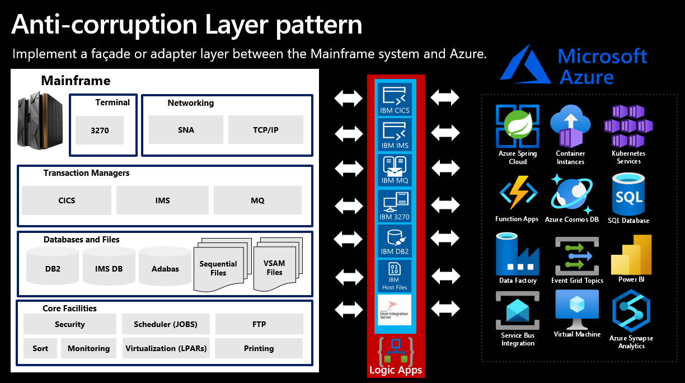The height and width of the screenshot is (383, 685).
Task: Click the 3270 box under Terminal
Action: tap(100, 130)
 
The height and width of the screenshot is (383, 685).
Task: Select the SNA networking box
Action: tap(186, 130)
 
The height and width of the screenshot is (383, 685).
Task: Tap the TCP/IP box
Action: tap(266, 130)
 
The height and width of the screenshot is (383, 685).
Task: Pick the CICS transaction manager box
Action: tap(67, 200)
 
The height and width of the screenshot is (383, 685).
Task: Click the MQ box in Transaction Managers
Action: tap(257, 200)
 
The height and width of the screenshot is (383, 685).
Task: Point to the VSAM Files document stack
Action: tap(276, 267)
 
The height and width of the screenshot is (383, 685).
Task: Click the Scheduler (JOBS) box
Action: tap(165, 324)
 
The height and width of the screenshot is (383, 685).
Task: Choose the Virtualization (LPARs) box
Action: tap(166, 348)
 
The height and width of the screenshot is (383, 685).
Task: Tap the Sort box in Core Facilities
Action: tap(40, 348)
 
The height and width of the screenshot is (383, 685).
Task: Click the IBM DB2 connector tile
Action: tap(395, 241)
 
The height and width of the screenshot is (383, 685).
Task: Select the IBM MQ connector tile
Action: tap(395, 171)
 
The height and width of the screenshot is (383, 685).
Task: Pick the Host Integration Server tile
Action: tap(395, 310)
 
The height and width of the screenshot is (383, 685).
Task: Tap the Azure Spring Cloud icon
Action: tap(518, 126)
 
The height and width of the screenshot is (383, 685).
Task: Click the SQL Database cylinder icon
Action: tap(628, 193)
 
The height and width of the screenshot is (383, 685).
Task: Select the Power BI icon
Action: tap(631, 255)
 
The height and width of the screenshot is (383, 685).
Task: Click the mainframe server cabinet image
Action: tap(40, 120)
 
